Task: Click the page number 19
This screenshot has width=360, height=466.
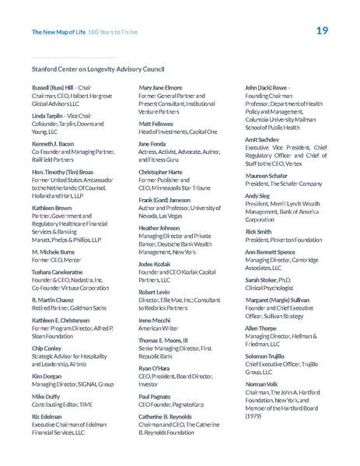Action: [x=322, y=31]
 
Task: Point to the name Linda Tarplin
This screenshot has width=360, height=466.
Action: [x=48, y=115]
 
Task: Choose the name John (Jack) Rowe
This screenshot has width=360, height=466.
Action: [x=266, y=88]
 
